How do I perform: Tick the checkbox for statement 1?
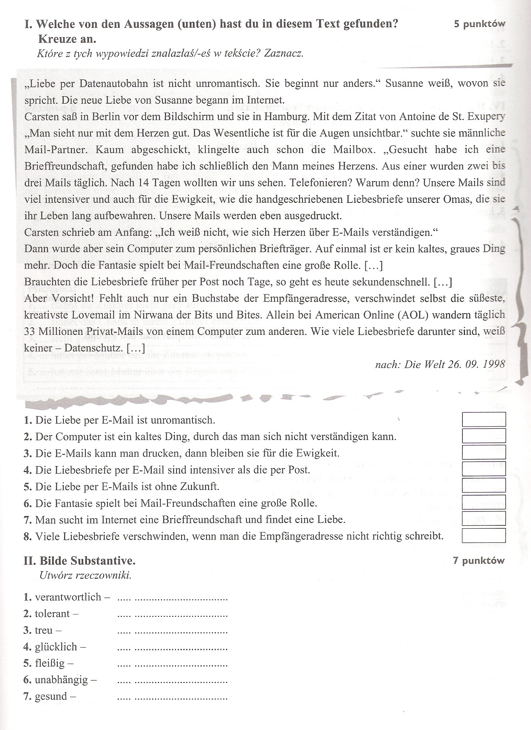pyautogui.click(x=484, y=419)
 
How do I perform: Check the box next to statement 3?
pyautogui.click(x=484, y=452)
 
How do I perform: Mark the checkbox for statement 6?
pyautogui.click(x=484, y=502)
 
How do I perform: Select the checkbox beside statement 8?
pyautogui.click(x=484, y=535)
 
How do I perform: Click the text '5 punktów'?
pyautogui.click(x=479, y=24)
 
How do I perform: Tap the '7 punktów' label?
pyautogui.click(x=479, y=561)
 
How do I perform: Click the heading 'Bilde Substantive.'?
pyautogui.click(x=87, y=561)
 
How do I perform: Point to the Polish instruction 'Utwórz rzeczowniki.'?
pyautogui.click(x=85, y=575)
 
